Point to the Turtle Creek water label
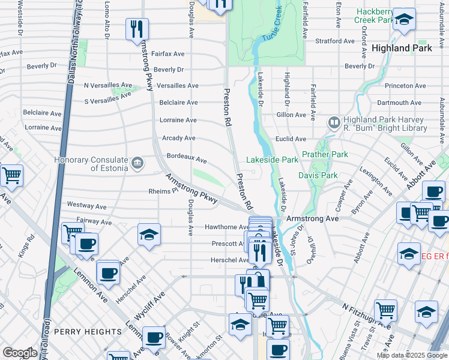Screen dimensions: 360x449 [271, 24]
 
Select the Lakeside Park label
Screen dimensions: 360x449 [272, 160]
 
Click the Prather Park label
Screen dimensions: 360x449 [325, 154]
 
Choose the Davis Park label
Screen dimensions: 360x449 [318, 176]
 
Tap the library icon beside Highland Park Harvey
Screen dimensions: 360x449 [334, 123]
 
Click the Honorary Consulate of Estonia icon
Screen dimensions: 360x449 [137, 163]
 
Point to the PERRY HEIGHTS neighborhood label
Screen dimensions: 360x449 [87, 332]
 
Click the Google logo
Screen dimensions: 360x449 [20, 353]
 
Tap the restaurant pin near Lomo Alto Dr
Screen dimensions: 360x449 [137, 28]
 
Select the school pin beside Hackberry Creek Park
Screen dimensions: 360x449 [405, 19]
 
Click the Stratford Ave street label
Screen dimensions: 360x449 [324, 42]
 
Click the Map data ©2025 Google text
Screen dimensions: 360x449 [411, 355]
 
